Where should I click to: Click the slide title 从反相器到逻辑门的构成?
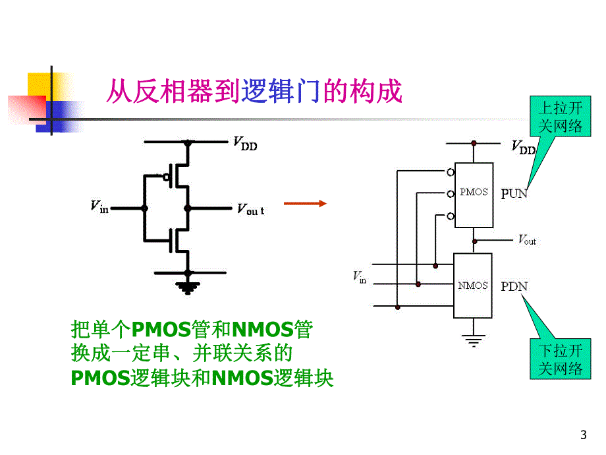(x=255, y=91)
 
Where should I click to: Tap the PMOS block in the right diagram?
(x=474, y=193)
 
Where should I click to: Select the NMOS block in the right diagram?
(x=473, y=285)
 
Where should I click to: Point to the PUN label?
(x=514, y=194)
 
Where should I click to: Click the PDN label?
(x=514, y=286)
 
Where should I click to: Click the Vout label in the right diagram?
(x=527, y=241)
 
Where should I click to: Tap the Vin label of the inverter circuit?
(x=99, y=206)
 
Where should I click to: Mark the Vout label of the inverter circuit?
(x=250, y=209)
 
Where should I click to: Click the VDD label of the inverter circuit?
(x=245, y=143)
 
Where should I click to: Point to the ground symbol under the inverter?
(x=188, y=285)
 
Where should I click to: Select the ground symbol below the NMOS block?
(x=472, y=340)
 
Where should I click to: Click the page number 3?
(x=582, y=435)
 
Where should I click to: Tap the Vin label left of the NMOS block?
(x=360, y=277)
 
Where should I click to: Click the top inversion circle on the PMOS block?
(x=450, y=173)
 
